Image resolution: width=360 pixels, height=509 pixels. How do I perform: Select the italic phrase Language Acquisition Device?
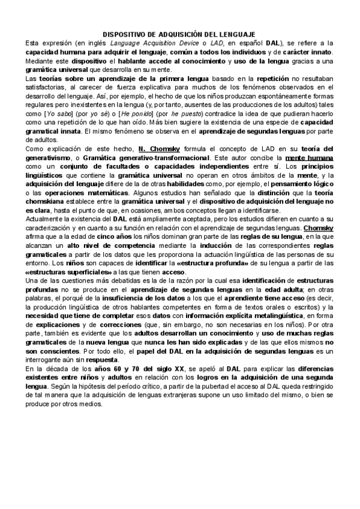148,44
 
